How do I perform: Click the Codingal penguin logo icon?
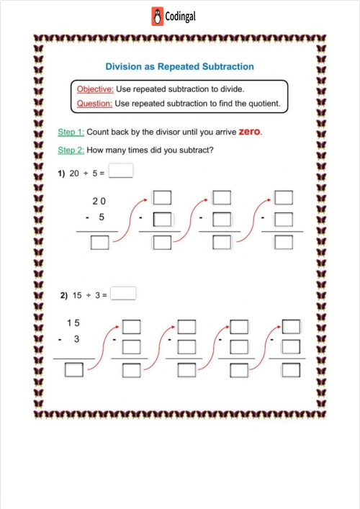[x=158, y=16]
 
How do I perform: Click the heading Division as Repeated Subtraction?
[x=179, y=66]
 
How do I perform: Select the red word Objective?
[x=94, y=89]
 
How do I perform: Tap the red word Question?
[x=94, y=104]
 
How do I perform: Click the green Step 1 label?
[x=71, y=132]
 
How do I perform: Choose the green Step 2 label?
[x=71, y=150]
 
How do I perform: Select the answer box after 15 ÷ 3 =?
[x=125, y=294]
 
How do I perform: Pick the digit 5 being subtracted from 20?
[x=102, y=215]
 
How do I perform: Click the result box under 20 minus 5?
[x=99, y=243]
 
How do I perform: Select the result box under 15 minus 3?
[x=73, y=370]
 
